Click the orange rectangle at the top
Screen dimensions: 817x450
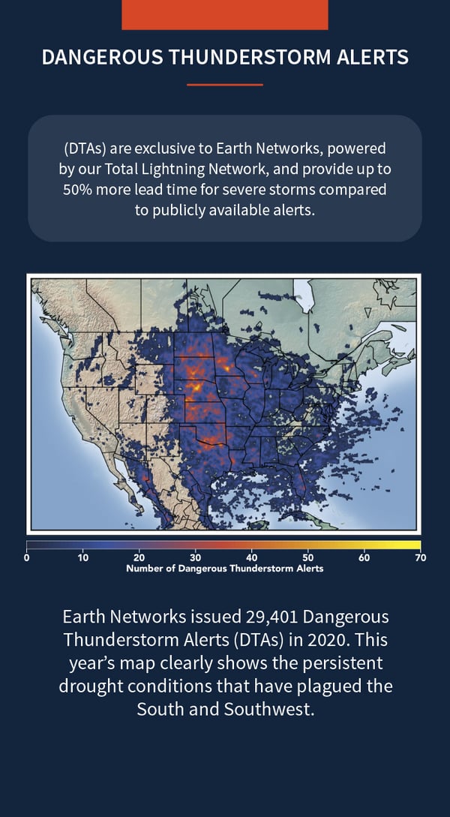click(225, 14)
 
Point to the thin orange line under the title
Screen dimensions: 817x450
click(225, 85)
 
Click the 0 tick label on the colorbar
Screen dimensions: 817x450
click(27, 557)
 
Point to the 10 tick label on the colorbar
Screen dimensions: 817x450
click(82, 557)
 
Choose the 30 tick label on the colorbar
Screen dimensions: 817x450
click(195, 557)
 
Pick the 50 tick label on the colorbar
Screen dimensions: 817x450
click(307, 557)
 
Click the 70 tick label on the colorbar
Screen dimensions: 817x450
click(421, 557)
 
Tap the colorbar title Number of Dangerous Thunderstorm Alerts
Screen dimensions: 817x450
click(225, 569)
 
